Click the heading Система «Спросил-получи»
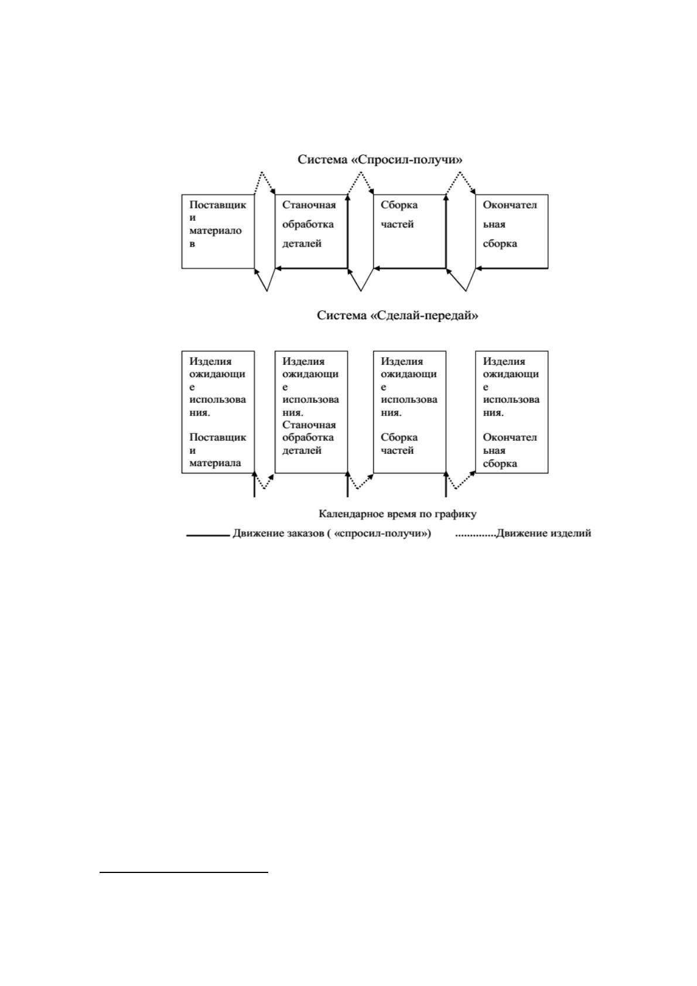click(380, 159)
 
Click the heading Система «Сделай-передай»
click(398, 316)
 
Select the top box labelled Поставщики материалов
click(218, 231)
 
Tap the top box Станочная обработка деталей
click(311, 231)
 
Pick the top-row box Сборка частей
click(409, 231)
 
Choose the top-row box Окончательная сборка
click(512, 231)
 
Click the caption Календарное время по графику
click(398, 513)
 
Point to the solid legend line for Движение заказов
click(208, 535)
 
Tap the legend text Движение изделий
click(544, 533)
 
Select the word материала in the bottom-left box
click(215, 463)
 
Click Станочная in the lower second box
click(309, 424)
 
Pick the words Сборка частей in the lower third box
click(399, 444)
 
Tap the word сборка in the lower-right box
click(500, 464)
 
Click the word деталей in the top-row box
click(302, 244)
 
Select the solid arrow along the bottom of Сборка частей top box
click(409, 268)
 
